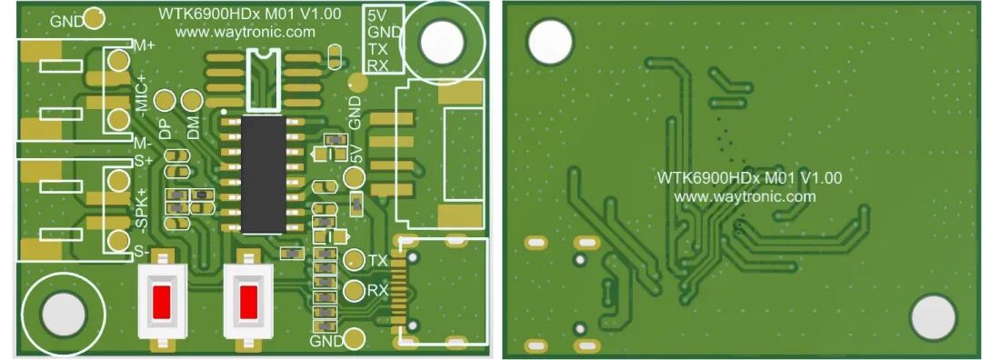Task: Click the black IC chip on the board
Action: click(x=264, y=174)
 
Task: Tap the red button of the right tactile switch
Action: click(x=248, y=301)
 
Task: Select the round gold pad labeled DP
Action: click(x=165, y=100)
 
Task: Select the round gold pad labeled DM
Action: click(x=192, y=100)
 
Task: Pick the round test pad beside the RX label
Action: click(x=355, y=290)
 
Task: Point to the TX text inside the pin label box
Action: click(x=377, y=49)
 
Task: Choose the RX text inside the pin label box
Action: click(x=377, y=65)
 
